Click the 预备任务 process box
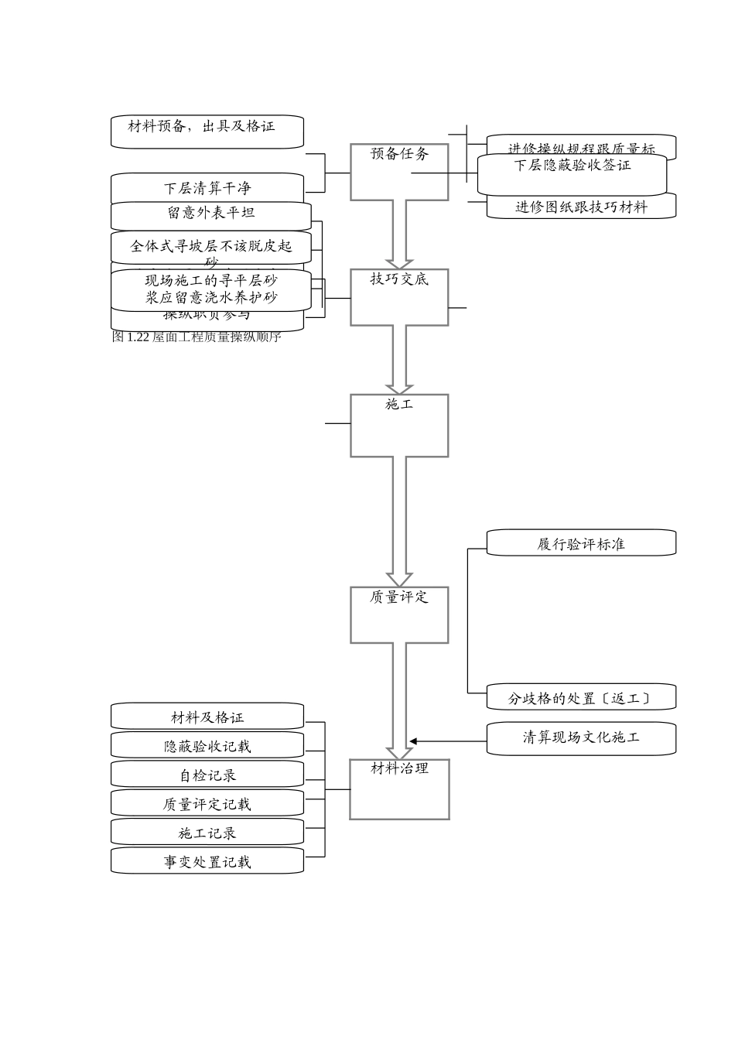[x=399, y=172]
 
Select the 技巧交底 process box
[x=399, y=297]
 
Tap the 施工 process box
[x=399, y=426]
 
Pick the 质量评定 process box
[x=399, y=615]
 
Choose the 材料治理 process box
[x=399, y=789]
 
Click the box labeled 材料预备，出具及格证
[x=207, y=132]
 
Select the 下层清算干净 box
[x=207, y=187]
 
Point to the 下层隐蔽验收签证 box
[x=572, y=174]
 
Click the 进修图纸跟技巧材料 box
[x=581, y=207]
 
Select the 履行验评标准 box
[x=581, y=543]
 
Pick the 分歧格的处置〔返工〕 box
[x=581, y=697]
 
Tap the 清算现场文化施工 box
[x=581, y=738]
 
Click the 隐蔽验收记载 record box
[x=207, y=745]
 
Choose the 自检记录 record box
[x=207, y=774]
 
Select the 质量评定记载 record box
[x=207, y=803]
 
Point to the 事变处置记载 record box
[x=207, y=860]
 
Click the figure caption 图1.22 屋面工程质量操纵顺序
[x=197, y=337]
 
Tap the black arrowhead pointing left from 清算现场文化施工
[x=414, y=741]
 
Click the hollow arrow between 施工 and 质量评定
[x=399, y=522]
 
